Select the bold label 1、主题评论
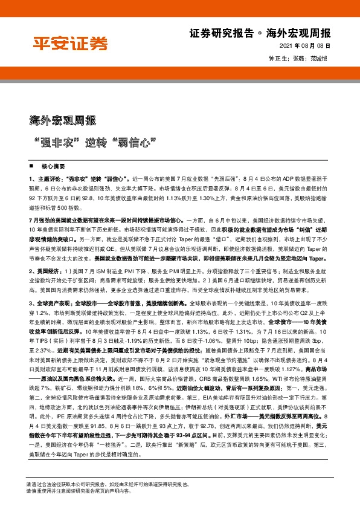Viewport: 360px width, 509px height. click(46, 180)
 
